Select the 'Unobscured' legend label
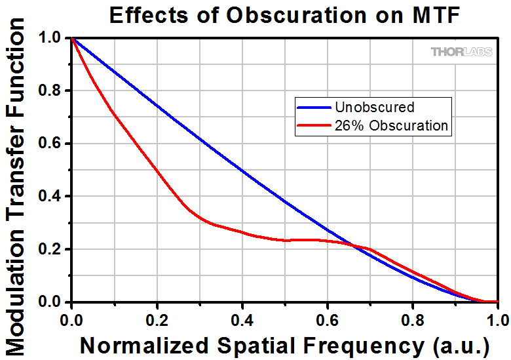tap(374, 107)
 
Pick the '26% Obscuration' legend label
tap(391, 125)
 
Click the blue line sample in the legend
tap(314, 107)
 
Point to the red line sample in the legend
tap(314, 125)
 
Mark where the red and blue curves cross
tap(354, 246)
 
